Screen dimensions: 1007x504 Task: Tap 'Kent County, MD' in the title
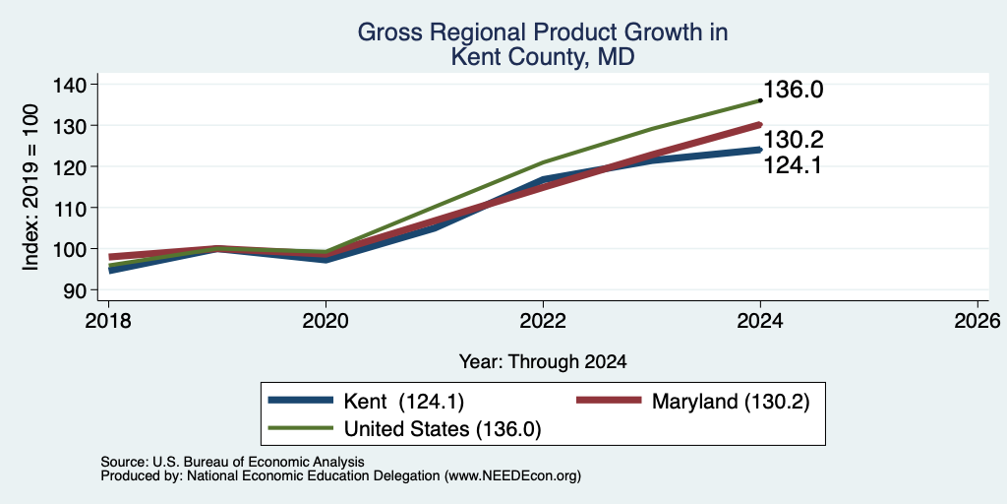(x=543, y=57)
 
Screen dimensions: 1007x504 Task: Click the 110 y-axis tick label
(x=76, y=208)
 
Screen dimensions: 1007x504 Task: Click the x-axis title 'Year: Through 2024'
(x=543, y=362)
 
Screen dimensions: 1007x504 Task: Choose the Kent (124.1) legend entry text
(x=404, y=402)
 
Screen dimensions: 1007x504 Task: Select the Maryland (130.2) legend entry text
(x=731, y=402)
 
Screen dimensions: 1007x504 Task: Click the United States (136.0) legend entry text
(x=443, y=429)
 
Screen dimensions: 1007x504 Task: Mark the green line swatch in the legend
(x=301, y=428)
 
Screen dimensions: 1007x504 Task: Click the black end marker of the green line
(x=760, y=100)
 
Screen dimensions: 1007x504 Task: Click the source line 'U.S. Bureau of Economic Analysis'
(x=259, y=462)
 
